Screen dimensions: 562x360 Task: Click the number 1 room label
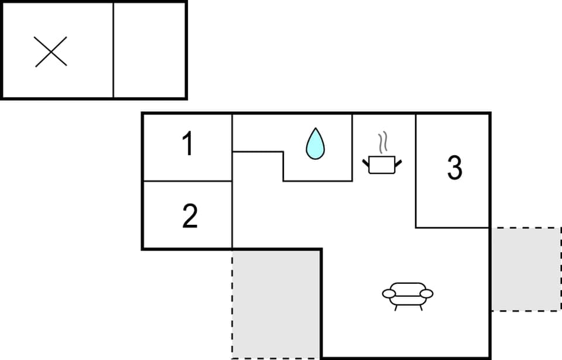pyautogui.click(x=187, y=145)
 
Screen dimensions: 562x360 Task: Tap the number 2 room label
pyautogui.click(x=190, y=216)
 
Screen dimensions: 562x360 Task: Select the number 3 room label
pyautogui.click(x=454, y=168)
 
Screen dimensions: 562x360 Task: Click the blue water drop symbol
pyautogui.click(x=315, y=144)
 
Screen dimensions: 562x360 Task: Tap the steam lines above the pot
pyautogui.click(x=383, y=142)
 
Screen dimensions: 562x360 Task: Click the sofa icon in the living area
pyautogui.click(x=407, y=294)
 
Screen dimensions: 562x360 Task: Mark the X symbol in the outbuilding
pyautogui.click(x=51, y=52)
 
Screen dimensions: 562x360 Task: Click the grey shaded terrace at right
pyautogui.click(x=525, y=269)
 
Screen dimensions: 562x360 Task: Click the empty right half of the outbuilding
pyautogui.click(x=149, y=50)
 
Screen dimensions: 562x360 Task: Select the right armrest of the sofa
pyautogui.click(x=427, y=293)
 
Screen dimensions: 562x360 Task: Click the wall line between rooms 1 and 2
pyautogui.click(x=187, y=181)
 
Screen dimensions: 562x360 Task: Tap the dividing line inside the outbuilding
pyautogui.click(x=113, y=50)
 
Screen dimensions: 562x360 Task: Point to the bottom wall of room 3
pyautogui.click(x=452, y=227)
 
